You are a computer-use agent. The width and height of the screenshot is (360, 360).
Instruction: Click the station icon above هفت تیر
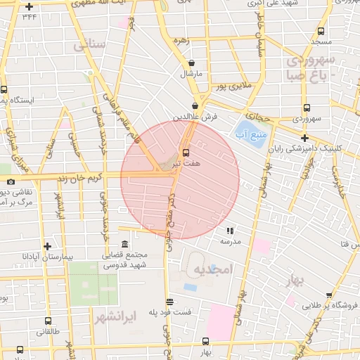(x=186, y=152)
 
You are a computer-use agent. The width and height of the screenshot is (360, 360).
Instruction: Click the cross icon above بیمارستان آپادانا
(x=47, y=246)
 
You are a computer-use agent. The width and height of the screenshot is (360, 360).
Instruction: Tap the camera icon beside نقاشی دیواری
(x=11, y=182)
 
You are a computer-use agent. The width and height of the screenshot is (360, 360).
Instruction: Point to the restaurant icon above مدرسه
(x=229, y=230)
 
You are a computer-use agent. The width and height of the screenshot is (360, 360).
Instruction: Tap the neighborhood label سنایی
(x=89, y=45)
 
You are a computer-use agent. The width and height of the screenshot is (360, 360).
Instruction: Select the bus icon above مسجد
(x=321, y=31)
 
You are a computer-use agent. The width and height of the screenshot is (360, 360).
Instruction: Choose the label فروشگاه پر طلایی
(x=330, y=306)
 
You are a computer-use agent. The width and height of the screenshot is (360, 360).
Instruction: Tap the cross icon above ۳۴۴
(x=28, y=6)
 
